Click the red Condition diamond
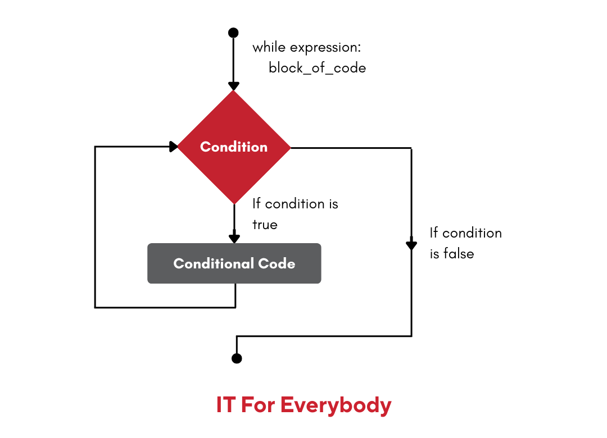[234, 147]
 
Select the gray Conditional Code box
[234, 263]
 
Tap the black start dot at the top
[234, 33]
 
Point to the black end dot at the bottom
[237, 358]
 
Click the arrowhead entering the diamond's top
[234, 86]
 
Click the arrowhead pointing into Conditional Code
[234, 238]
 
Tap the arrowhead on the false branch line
[411, 244]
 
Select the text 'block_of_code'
[317, 69]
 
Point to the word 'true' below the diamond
[265, 225]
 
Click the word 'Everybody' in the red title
[336, 405]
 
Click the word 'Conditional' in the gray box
[213, 263]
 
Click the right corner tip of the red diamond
[290, 148]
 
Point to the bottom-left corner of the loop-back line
[95, 307]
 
